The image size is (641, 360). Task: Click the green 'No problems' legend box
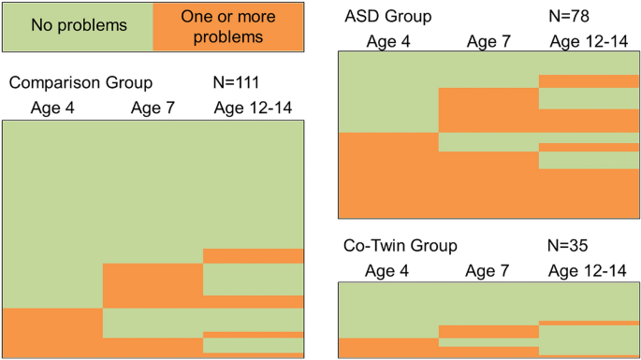[x=78, y=26]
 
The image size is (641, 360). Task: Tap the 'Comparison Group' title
[x=80, y=82]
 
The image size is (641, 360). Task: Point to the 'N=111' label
[x=245, y=82]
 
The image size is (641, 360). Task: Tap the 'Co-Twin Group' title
[x=401, y=246]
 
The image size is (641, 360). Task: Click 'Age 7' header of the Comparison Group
[x=152, y=108]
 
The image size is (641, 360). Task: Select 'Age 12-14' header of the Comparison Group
[x=253, y=108]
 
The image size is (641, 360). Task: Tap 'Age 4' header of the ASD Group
[x=387, y=40]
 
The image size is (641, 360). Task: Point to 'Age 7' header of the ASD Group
[x=488, y=40]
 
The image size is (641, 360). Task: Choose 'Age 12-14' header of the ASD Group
[x=590, y=40]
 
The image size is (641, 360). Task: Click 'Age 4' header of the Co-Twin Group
[x=387, y=270]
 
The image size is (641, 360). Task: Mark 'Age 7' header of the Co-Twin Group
[x=488, y=270]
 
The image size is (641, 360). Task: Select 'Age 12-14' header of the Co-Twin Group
[x=590, y=270]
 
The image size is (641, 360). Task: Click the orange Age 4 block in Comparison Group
[x=52, y=332]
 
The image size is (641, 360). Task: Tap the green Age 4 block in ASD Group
[x=387, y=92]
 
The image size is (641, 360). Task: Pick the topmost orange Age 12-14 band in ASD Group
[x=590, y=80]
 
